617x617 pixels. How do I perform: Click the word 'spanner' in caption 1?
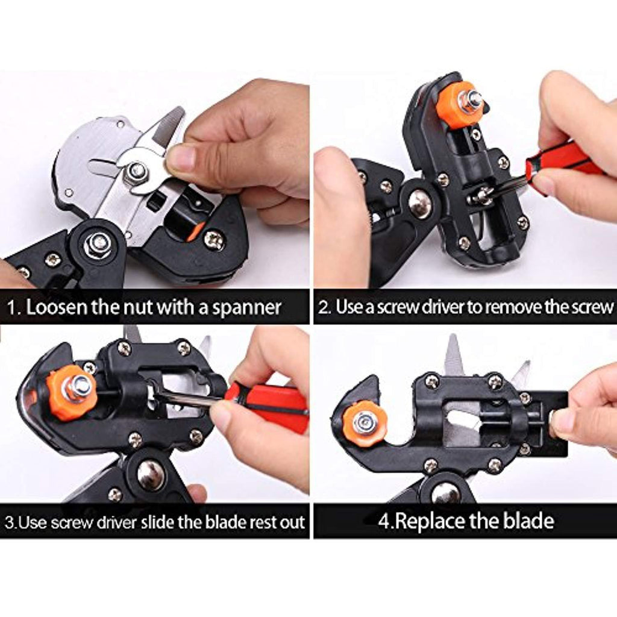246,308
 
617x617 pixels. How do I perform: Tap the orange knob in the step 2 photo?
457,104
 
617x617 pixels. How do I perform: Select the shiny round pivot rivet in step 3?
150,475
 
